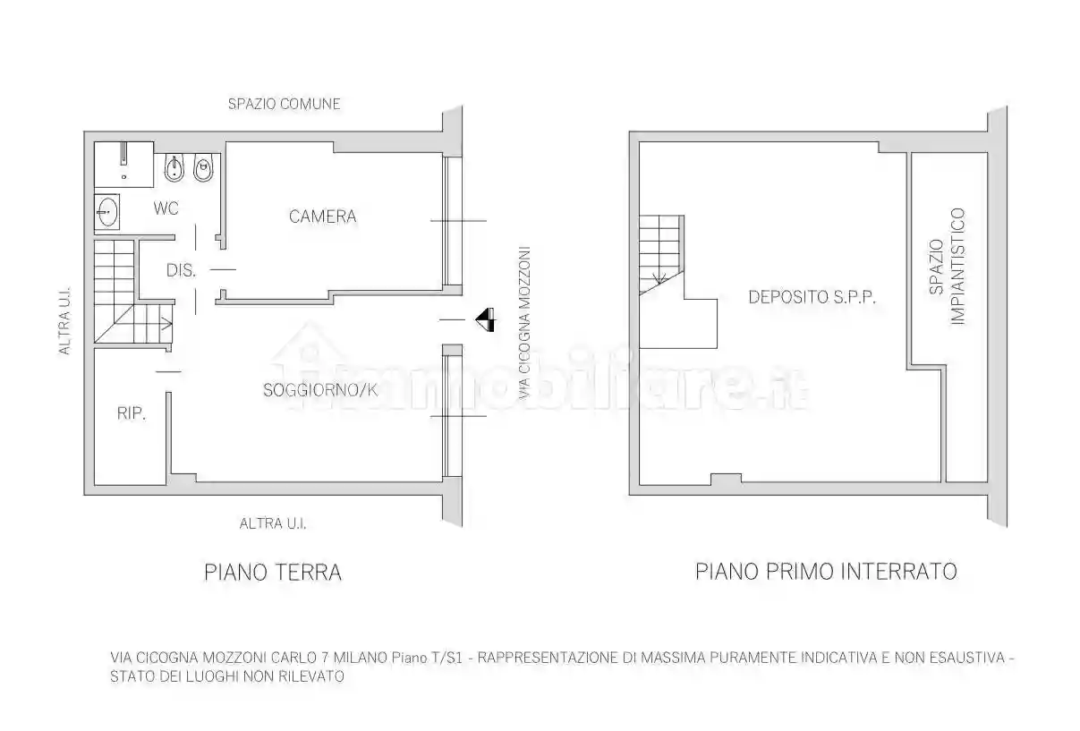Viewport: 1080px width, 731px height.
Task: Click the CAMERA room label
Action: (322, 217)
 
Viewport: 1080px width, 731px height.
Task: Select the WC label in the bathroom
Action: (166, 208)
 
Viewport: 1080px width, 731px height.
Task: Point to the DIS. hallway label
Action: (181, 270)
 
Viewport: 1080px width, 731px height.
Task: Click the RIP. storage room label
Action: (132, 413)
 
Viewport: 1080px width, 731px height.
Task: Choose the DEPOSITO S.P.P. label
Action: (811, 297)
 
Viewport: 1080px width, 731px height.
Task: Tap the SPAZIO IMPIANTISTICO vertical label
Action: (946, 267)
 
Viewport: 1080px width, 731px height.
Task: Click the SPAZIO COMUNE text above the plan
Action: (284, 104)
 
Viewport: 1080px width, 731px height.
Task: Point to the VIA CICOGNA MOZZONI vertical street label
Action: (525, 322)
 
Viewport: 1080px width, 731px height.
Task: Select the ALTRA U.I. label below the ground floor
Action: (273, 523)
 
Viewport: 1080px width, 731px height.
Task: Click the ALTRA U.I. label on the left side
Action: (65, 322)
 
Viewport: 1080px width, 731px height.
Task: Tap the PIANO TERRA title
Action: (273, 573)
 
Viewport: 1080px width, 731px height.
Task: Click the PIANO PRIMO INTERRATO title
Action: (826, 571)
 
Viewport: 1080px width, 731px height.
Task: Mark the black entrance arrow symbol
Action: (485, 319)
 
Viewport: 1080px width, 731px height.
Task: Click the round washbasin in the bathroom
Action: (107, 214)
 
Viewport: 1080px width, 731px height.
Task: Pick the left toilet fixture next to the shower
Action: (174, 169)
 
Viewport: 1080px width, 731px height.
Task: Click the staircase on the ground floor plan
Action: (121, 291)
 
